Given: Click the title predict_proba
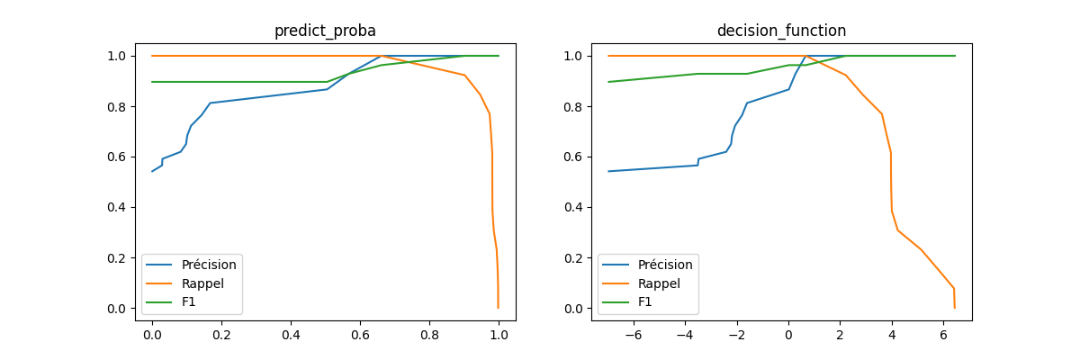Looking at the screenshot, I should click(325, 31).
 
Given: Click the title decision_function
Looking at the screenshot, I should click(781, 31).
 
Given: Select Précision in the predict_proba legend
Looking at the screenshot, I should click(209, 265).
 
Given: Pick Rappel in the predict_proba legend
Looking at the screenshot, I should click(202, 283).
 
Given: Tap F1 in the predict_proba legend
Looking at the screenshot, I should click(189, 301).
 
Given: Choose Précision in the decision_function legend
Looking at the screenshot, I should click(665, 265).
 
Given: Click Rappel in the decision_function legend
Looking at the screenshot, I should click(659, 283).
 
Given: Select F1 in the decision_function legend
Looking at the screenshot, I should click(645, 301).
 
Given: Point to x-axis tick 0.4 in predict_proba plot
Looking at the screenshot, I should click(291, 334).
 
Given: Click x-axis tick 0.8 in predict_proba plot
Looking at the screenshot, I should click(429, 334).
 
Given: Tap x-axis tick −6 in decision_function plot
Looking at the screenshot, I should click(633, 334).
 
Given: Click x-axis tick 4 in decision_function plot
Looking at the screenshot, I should click(892, 334).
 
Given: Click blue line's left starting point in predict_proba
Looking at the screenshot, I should click(152, 171).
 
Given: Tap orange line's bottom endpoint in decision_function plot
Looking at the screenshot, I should click(955, 308).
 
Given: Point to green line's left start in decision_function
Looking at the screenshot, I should click(608, 82).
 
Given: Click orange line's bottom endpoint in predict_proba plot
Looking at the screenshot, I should click(498, 308).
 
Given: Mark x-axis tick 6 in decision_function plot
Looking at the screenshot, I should click(944, 334).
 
